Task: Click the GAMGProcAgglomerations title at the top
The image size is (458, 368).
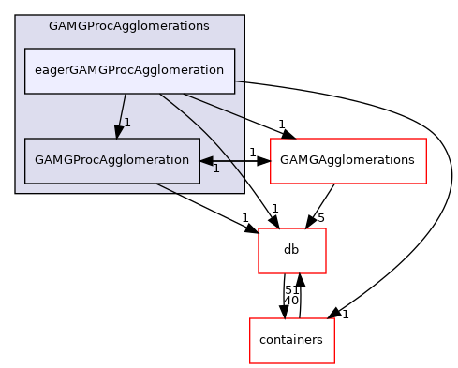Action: click(x=129, y=26)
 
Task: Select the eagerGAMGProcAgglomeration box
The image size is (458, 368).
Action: click(x=129, y=70)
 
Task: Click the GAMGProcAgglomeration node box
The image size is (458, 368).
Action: click(x=111, y=160)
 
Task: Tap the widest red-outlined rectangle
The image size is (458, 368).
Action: click(x=347, y=161)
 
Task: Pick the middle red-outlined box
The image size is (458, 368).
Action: click(x=292, y=251)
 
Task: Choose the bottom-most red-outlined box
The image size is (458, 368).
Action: click(x=292, y=341)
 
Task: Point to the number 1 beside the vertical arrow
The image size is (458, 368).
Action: click(x=127, y=123)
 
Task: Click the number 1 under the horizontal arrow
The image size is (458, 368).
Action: click(x=215, y=169)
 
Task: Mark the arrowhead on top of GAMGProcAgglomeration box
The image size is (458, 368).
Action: click(x=119, y=132)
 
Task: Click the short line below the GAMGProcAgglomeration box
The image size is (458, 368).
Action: click(x=166, y=188)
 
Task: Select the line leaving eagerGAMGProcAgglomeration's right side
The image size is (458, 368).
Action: click(x=239, y=81)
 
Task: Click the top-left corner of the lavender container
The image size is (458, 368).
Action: click(x=16, y=16)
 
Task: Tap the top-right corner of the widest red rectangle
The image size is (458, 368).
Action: click(x=425, y=140)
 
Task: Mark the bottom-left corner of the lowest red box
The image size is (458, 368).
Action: click(x=250, y=362)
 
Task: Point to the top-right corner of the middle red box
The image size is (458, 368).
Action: click(x=325, y=229)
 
